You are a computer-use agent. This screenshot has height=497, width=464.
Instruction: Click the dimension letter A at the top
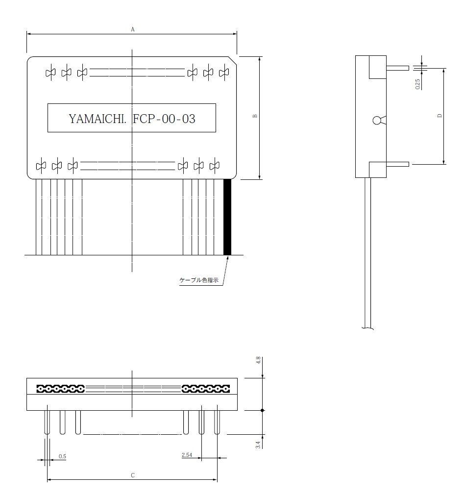[133, 29]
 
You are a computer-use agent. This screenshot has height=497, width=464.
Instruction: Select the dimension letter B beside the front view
[255, 116]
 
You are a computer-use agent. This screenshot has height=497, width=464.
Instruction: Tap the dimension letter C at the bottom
[133, 475]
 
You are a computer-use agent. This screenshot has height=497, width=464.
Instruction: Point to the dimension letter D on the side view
[440, 116]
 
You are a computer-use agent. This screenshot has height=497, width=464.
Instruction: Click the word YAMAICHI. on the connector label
[98, 119]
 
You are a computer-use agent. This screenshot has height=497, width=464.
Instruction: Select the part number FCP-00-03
[164, 119]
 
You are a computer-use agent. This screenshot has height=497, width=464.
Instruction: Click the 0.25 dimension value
[418, 84]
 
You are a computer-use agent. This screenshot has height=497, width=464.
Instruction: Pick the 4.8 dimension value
[258, 360]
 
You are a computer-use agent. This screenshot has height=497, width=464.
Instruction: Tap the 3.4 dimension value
[258, 445]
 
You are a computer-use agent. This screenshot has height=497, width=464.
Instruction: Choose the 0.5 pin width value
[62, 456]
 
